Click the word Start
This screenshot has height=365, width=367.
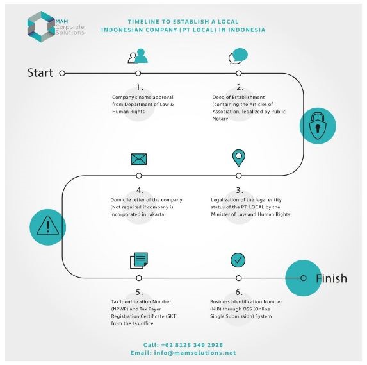pos(40,72)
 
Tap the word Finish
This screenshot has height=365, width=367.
pos(331,278)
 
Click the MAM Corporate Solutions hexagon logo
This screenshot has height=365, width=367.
pos(41,26)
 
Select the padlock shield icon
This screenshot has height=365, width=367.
pos(318,126)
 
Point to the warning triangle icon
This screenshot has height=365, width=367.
pos(48,226)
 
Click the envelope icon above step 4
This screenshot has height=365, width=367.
pos(139,159)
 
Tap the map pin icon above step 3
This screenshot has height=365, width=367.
pos(239,158)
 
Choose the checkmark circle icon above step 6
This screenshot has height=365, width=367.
pos(238,260)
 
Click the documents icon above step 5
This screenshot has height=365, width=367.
pos(139,260)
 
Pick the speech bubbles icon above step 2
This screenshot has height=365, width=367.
pos(238,56)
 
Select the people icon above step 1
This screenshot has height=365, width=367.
pos(138,56)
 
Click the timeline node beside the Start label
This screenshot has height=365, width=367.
pos(62,73)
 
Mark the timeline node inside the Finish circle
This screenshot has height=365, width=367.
pos(304,278)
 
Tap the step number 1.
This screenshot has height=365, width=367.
pos(140,87)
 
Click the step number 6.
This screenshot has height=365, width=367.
pos(239,293)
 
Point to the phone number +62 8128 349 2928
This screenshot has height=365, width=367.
pos(192,345)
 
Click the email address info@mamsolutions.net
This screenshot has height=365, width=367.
pos(195,353)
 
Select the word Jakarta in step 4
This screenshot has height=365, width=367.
pos(156,214)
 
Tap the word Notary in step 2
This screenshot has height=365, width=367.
pos(220,119)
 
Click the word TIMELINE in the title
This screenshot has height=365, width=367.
pos(143,22)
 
